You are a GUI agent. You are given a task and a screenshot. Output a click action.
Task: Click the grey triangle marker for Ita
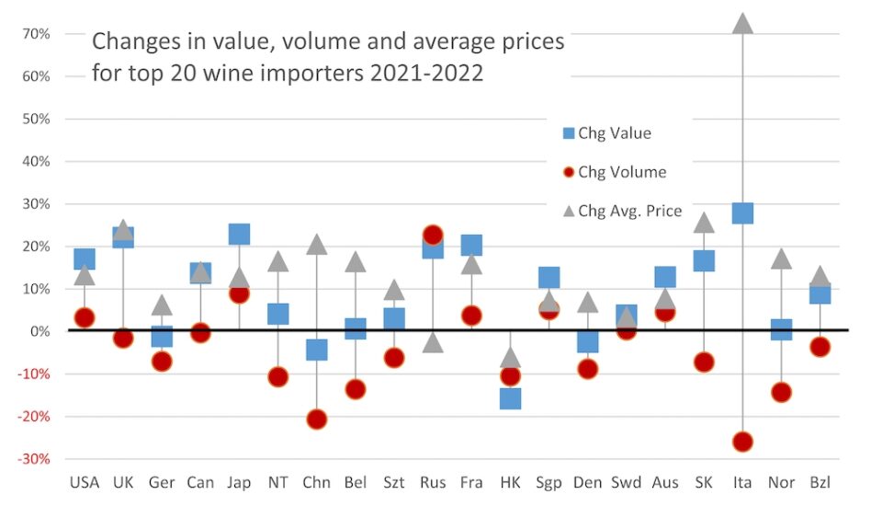[742, 23]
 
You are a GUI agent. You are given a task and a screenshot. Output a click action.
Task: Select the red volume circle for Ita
[742, 442]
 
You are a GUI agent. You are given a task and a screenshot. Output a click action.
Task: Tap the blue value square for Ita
[742, 213]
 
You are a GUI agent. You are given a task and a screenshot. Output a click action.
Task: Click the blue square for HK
[510, 398]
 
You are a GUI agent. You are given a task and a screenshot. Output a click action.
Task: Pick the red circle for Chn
[317, 419]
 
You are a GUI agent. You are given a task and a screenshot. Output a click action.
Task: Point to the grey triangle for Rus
[433, 343]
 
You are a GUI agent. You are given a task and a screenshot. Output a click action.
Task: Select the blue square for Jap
[239, 234]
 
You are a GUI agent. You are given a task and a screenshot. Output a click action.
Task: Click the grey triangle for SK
[704, 223]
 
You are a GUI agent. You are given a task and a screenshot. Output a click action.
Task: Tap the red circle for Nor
[781, 392]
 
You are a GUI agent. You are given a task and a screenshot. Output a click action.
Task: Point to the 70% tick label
[34, 34]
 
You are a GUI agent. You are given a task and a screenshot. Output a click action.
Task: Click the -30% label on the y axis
[31, 459]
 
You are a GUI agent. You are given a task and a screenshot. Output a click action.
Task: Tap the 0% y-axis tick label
[38, 331]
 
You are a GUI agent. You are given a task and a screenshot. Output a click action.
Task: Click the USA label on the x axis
[85, 483]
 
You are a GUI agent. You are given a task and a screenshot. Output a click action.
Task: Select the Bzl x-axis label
[820, 483]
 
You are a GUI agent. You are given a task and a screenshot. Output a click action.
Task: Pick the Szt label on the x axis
[393, 483]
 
